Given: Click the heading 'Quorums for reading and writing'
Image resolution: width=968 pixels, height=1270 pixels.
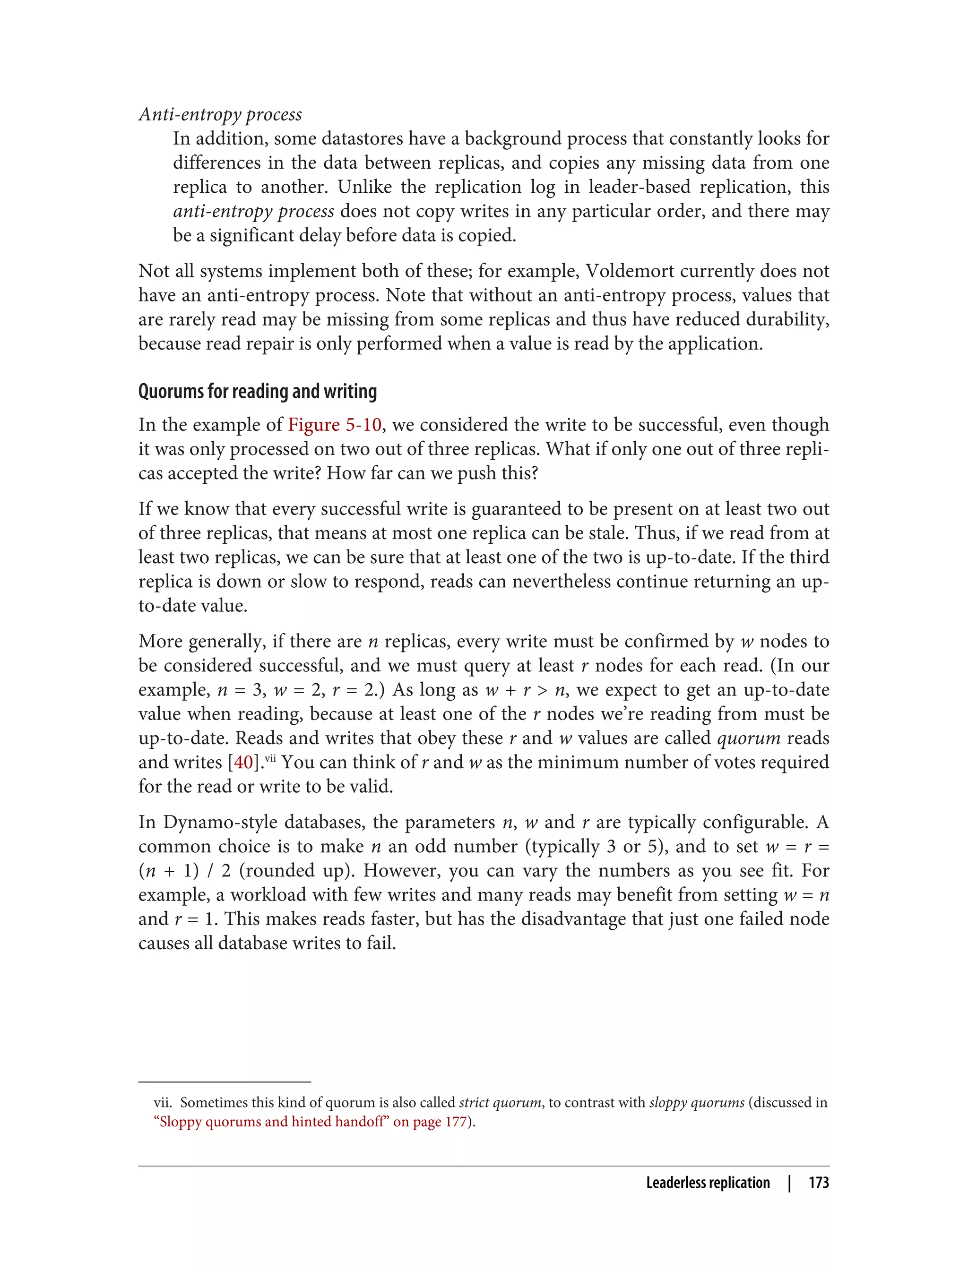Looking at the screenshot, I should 257,391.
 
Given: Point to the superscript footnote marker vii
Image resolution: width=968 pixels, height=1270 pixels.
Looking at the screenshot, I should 270,758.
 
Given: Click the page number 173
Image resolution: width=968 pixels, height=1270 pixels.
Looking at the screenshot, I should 818,1183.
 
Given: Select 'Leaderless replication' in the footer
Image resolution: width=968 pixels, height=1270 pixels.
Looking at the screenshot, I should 708,1183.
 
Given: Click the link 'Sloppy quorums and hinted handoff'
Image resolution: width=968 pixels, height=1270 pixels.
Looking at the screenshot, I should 271,1121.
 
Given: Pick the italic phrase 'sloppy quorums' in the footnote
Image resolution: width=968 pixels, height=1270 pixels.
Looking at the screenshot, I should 696,1102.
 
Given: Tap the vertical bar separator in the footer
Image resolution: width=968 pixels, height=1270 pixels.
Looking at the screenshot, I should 789,1183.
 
